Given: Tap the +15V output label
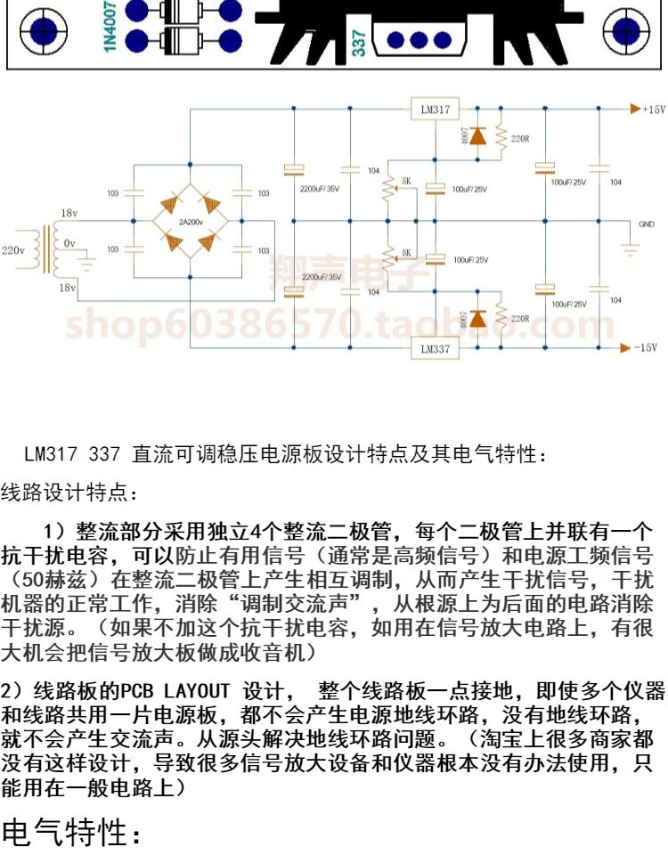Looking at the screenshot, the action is [654, 109].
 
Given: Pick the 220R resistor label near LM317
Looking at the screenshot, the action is [520, 138].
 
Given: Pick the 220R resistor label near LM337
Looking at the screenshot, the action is [520, 318].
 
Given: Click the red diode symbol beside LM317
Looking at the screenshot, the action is [478, 136].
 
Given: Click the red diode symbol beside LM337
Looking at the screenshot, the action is [478, 318].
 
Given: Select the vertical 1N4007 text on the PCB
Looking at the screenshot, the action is [110, 27].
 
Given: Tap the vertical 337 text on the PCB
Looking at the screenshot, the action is [358, 42].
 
